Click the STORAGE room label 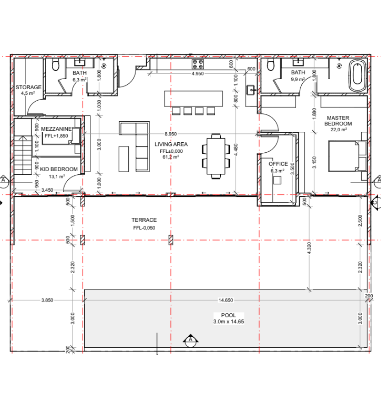[x=28, y=87]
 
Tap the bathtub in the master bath [x=358, y=75]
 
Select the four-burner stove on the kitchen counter [x=198, y=64]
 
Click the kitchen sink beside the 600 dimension [x=250, y=90]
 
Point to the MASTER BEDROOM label [x=338, y=121]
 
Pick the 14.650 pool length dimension [x=226, y=300]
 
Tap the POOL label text [x=229, y=315]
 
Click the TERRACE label [x=144, y=220]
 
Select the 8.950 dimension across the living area [x=170, y=134]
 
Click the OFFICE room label [x=278, y=164]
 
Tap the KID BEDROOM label [x=59, y=169]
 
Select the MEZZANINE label [x=56, y=129]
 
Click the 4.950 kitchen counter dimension [x=197, y=74]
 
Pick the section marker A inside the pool [x=190, y=340]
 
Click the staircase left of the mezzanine [x=23, y=155]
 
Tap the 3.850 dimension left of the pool [x=47, y=300]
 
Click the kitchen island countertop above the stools [x=194, y=99]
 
